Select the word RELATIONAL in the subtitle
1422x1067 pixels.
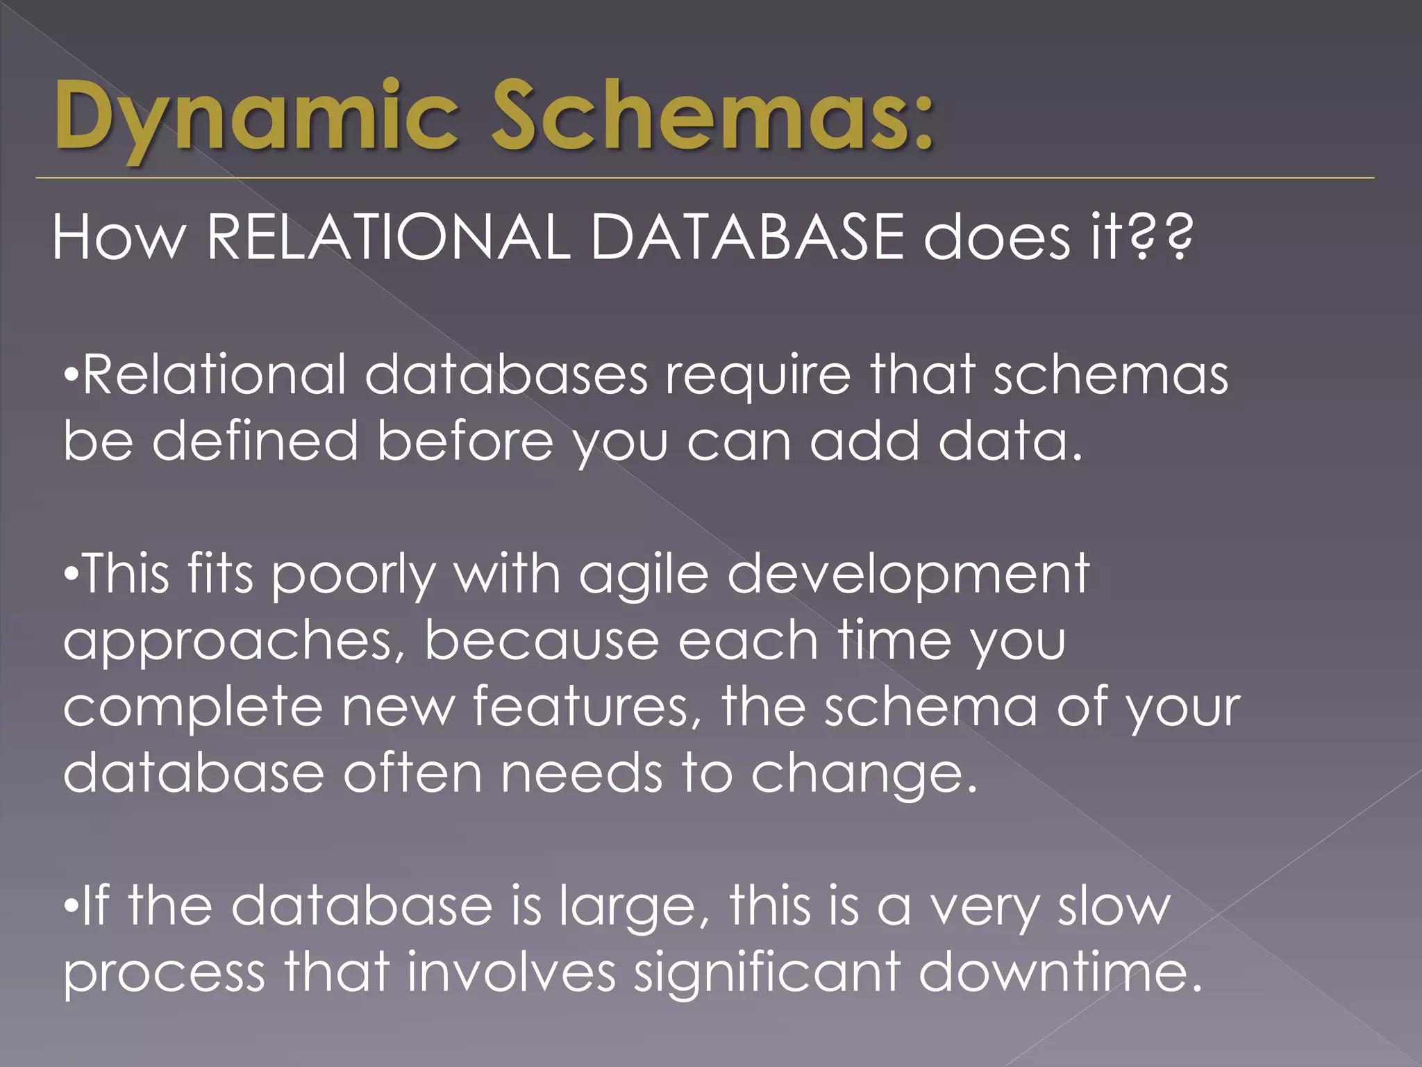click(x=388, y=238)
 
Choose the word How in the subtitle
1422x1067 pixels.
click(x=119, y=238)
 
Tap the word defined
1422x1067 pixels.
click(x=255, y=442)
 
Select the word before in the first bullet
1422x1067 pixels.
click(x=465, y=442)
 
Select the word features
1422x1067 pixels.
click(x=587, y=707)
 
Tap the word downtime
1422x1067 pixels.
click(x=1060, y=973)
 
